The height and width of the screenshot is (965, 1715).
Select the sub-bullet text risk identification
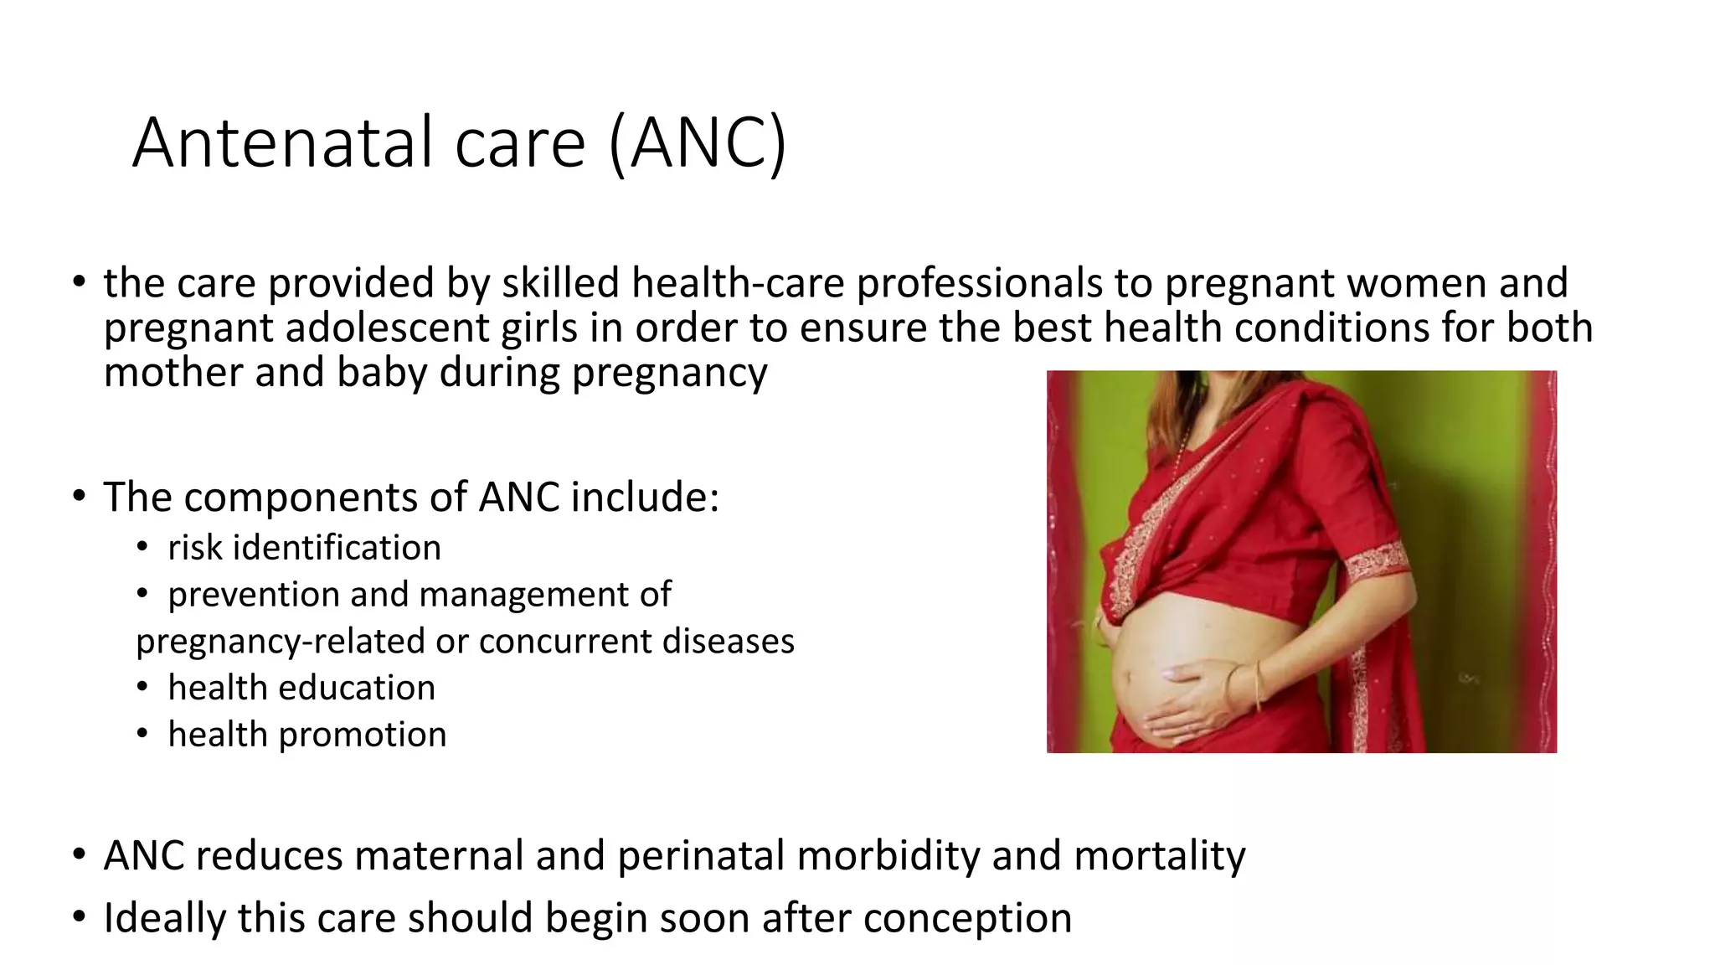pyautogui.click(x=304, y=548)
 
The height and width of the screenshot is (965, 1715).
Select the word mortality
pyautogui.click(x=1159, y=856)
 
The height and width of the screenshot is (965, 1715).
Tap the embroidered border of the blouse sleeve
pyautogui.click(x=1376, y=560)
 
